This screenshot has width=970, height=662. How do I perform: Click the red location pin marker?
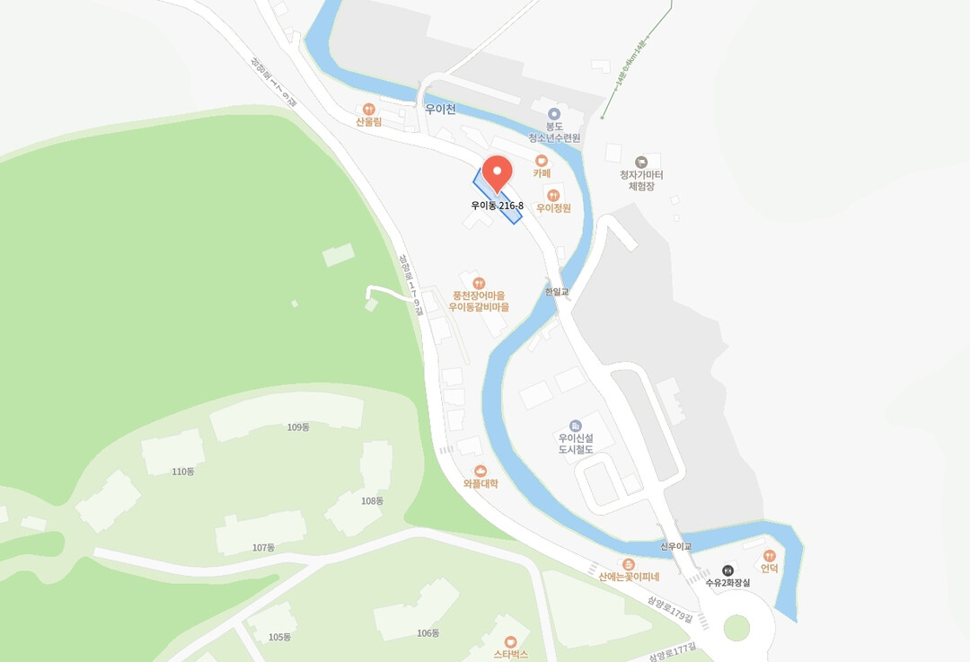coord(497,172)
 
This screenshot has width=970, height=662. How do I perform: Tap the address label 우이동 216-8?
coord(497,206)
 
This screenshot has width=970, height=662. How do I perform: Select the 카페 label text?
coord(542,173)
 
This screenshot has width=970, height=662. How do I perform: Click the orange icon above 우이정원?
coord(553,194)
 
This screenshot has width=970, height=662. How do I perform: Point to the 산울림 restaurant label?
coord(368,121)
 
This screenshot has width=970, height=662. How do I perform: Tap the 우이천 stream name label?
coord(440,110)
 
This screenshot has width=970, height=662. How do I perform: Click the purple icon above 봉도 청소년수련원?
coord(554,113)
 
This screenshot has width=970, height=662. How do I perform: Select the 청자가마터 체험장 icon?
coord(641,162)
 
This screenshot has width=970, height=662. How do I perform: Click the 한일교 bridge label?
coord(557,292)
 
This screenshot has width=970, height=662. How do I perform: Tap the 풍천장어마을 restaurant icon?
coord(479,283)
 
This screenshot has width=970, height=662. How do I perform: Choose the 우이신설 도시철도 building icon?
coord(576,425)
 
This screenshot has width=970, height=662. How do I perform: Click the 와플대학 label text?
coord(481,483)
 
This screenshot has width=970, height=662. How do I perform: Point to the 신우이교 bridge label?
coord(675,546)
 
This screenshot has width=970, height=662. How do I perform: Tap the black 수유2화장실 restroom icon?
coord(727,569)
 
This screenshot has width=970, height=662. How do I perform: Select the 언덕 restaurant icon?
coord(769,555)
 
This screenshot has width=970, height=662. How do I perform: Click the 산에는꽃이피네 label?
coord(629,577)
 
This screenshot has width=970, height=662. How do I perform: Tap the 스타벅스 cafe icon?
coord(511,641)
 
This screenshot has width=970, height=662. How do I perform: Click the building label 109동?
coord(298,428)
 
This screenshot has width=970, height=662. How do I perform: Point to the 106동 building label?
coord(428,633)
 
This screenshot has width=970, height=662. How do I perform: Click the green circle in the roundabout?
coord(736,628)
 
